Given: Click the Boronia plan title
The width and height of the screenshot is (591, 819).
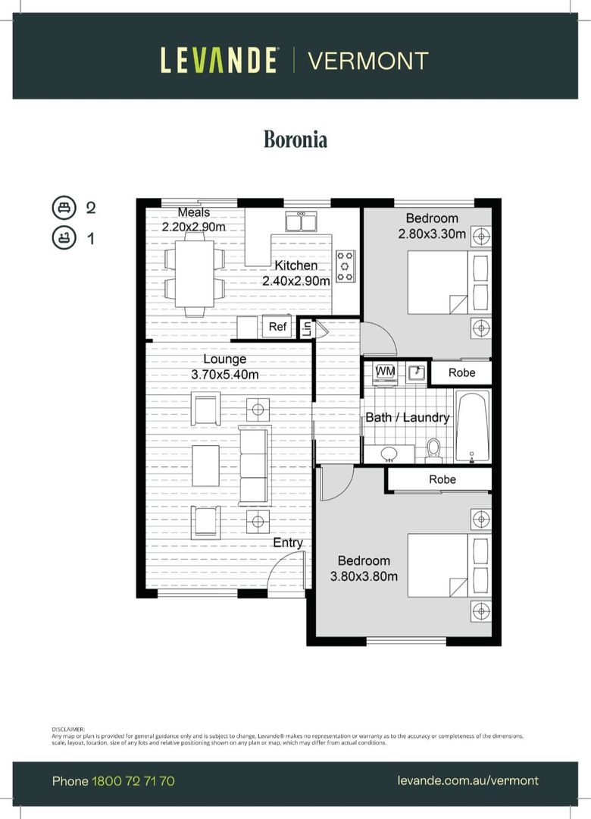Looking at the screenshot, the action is (x=295, y=140).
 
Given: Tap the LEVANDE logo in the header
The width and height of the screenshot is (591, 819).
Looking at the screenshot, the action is (x=218, y=60).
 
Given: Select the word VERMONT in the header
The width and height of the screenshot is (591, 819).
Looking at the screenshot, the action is (x=368, y=61).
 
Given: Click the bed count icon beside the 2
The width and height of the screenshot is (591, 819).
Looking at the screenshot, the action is (x=64, y=207).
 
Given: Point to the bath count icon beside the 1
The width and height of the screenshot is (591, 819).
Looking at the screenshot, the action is (x=64, y=238).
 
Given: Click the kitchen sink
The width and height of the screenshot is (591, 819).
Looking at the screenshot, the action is (x=302, y=221).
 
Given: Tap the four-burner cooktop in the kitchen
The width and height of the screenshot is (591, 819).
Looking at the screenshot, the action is (x=346, y=266).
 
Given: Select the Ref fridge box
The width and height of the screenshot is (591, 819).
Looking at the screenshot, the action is (x=277, y=326).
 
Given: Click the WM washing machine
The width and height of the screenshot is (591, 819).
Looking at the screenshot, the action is (x=386, y=372).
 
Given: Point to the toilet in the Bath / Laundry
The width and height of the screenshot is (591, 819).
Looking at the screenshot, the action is (x=433, y=450).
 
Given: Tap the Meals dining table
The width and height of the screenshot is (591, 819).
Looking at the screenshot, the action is (x=194, y=273).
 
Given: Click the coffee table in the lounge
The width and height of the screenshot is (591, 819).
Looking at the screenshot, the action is (x=205, y=466).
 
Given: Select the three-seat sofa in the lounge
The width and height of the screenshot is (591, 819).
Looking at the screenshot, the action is (x=255, y=466).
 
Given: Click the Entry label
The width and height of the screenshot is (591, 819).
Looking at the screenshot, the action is (x=288, y=543).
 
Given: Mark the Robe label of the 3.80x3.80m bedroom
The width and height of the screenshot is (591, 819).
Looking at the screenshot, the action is (x=442, y=479).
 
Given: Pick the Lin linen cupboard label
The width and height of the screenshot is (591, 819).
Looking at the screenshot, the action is (x=306, y=328).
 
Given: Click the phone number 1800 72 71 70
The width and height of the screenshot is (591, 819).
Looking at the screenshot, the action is (x=133, y=781).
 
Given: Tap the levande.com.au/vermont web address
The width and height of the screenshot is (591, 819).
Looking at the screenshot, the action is (x=467, y=780).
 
